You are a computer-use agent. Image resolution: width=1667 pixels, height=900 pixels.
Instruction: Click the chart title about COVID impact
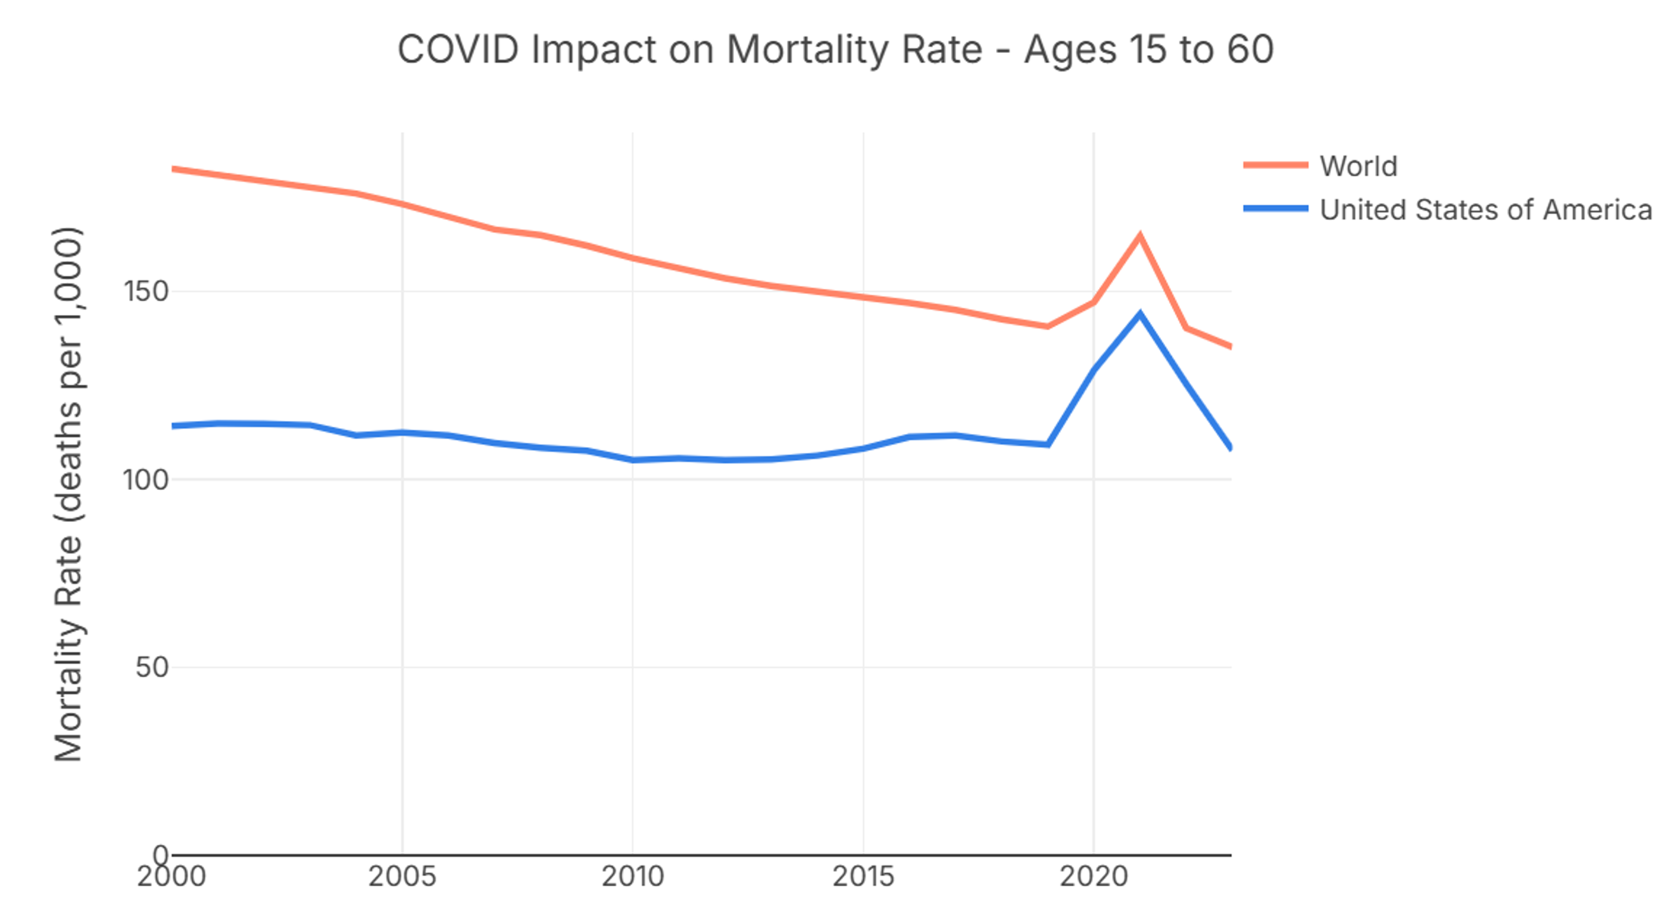click(835, 49)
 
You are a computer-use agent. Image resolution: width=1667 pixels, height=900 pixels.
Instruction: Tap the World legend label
click(1359, 166)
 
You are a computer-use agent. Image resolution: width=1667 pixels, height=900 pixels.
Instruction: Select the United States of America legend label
click(1486, 210)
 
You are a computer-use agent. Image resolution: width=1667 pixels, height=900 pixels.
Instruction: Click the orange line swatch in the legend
click(1275, 165)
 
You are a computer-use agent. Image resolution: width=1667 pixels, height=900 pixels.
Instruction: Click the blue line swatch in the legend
click(1275, 208)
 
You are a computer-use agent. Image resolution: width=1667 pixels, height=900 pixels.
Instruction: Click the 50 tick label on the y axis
click(152, 668)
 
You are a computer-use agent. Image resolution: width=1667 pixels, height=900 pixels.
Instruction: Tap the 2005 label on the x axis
click(402, 877)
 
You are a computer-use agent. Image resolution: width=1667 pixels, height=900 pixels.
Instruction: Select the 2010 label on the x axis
click(632, 877)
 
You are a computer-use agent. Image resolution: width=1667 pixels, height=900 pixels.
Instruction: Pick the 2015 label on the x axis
click(863, 877)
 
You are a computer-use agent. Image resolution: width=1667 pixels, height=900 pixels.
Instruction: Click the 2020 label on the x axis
click(1093, 877)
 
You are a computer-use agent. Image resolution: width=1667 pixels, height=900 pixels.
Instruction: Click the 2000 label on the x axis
click(171, 877)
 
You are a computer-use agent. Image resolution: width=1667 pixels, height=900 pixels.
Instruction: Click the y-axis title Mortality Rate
click(68, 495)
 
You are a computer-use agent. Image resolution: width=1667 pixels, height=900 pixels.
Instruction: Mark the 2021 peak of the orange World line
click(1140, 236)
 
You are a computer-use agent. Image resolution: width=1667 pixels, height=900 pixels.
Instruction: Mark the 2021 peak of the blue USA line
click(1140, 315)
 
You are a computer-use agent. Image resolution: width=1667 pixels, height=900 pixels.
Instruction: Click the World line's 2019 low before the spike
click(1047, 326)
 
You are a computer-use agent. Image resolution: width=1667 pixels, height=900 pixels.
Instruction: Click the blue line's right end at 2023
click(1229, 446)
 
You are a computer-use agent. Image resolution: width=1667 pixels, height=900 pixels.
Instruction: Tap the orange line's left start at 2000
click(173, 170)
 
